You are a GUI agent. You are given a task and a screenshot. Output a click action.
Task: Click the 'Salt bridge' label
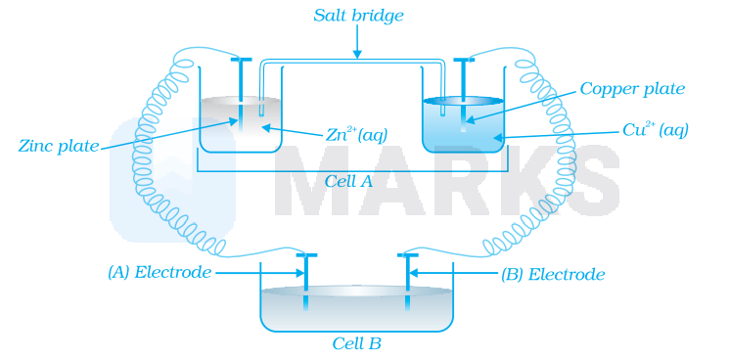(358, 16)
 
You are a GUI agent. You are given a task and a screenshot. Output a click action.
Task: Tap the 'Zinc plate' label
(59, 146)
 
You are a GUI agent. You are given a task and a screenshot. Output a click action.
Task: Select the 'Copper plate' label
(632, 89)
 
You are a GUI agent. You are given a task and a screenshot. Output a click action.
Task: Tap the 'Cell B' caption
(356, 343)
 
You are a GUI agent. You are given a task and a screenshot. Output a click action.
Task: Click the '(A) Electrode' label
(160, 272)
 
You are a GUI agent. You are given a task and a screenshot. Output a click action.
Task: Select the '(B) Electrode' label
(552, 274)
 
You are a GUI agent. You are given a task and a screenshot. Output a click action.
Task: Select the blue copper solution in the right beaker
(484, 132)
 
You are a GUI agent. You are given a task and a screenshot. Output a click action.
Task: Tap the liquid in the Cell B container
(356, 308)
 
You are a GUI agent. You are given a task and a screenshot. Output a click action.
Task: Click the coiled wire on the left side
(157, 166)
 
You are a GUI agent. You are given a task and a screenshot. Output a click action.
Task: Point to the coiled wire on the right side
(558, 166)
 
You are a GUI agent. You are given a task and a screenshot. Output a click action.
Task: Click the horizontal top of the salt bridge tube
(358, 62)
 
